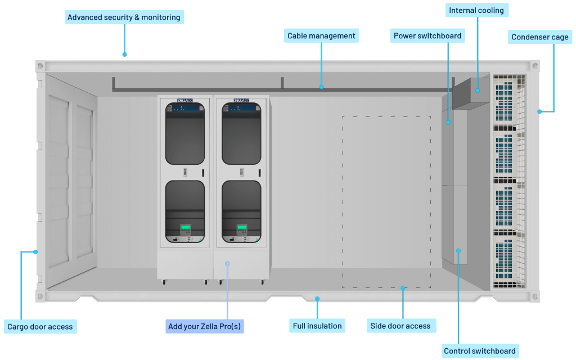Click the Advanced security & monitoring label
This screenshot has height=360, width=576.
pyautogui.click(x=124, y=17)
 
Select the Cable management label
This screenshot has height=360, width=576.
pyautogui.click(x=321, y=36)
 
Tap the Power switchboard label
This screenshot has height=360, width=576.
pyautogui.click(x=427, y=36)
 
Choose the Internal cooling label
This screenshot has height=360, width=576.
pyautogui.click(x=476, y=11)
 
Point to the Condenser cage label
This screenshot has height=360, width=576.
pyautogui.click(x=539, y=38)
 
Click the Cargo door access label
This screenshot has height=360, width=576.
pyautogui.click(x=40, y=326)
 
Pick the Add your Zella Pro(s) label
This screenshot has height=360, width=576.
pyautogui.click(x=205, y=326)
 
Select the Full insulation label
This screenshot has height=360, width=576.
pyautogui.click(x=317, y=326)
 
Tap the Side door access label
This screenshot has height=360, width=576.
pyautogui.click(x=400, y=326)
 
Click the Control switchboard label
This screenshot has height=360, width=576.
pyautogui.click(x=479, y=351)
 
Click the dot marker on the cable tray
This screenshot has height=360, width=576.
pyautogui.click(x=321, y=87)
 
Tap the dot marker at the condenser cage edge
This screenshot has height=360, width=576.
pyautogui.click(x=539, y=111)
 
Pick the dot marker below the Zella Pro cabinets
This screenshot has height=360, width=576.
pyautogui.click(x=227, y=263)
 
